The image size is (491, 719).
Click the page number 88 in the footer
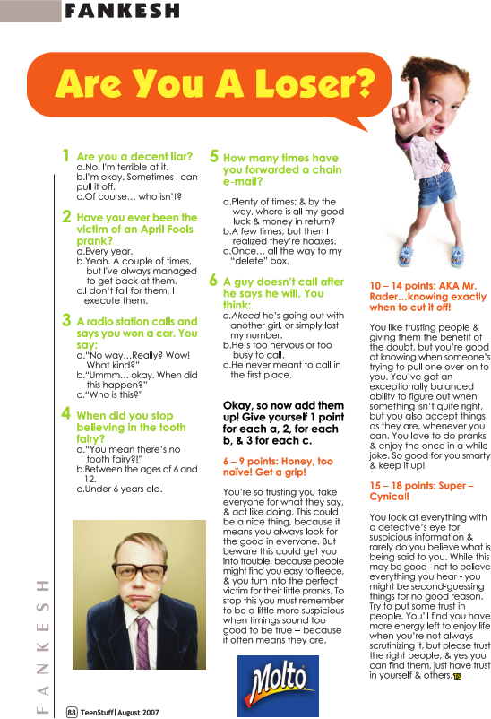72,711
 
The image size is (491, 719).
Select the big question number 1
66,156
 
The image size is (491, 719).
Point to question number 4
66,414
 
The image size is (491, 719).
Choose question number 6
212,281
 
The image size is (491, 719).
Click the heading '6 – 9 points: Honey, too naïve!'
278,465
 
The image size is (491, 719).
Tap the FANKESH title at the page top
122,11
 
